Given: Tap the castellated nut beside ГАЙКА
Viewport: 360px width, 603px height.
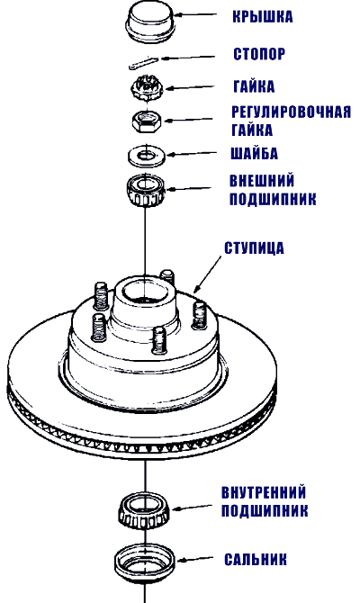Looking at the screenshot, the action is coord(148,87).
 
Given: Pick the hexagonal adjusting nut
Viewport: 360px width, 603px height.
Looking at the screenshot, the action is coord(147,121).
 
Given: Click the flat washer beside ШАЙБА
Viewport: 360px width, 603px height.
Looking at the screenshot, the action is coord(147,156).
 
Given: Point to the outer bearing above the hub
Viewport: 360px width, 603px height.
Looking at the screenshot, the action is coord(147,191).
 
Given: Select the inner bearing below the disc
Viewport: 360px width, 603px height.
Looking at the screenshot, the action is coord(144,511).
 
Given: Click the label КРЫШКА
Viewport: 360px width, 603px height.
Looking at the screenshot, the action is coord(263,17).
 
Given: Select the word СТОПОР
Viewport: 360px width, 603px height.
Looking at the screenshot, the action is coord(259,54).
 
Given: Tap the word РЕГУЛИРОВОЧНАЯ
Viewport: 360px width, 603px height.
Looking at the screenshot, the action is coord(292,112).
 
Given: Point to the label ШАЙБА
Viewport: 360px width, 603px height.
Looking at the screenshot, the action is coord(254,153).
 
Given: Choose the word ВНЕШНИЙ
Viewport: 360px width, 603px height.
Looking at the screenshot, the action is coord(262,181).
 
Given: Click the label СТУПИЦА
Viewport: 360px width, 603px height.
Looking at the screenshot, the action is coord(254,248).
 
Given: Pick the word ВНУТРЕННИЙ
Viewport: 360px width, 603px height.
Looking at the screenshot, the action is coord(264,492).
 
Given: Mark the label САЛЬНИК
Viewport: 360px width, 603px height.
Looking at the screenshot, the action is coord(256,560).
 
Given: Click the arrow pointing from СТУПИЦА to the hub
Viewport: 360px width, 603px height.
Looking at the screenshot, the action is coord(208,274).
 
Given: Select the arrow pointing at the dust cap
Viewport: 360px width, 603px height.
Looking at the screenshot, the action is coord(196,15).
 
